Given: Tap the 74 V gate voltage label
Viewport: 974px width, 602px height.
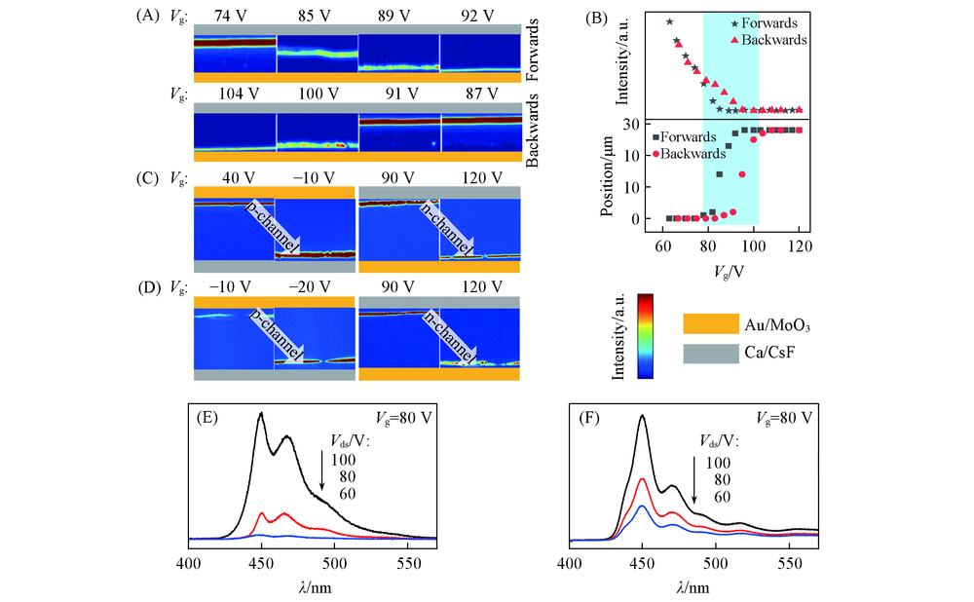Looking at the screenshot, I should tap(235, 17).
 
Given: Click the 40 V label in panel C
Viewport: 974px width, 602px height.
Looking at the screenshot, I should tap(239, 178).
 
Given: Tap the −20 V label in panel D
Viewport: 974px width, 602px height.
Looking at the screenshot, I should tap(317, 288).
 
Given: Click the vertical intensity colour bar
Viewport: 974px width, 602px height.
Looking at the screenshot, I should tap(645, 335).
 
